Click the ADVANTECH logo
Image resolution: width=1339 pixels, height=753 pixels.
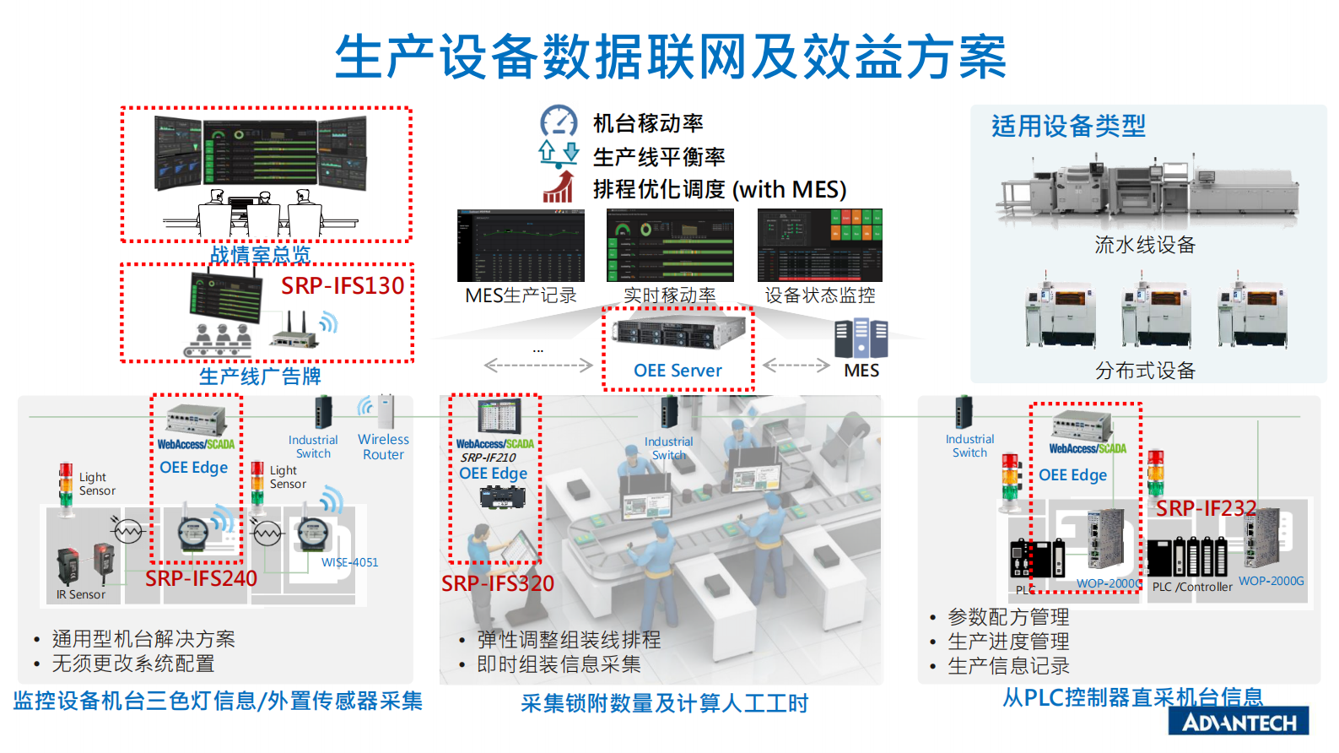pos(1239,723)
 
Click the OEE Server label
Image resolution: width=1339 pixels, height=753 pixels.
pos(678,371)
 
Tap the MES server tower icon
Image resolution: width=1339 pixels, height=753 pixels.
pos(861,338)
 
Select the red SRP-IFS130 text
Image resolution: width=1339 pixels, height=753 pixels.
pos(343,286)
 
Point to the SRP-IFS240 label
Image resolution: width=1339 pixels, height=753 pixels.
pos(201,578)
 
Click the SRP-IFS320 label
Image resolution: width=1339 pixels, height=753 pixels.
pos(498,583)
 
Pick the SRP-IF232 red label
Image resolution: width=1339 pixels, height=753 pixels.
pos(1206,508)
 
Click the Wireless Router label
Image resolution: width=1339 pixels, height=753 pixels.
pos(383,447)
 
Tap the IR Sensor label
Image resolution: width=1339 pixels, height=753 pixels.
pos(81,594)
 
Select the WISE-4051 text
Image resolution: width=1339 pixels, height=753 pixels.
pos(349,562)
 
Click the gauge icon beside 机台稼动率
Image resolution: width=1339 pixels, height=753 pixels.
pos(559,122)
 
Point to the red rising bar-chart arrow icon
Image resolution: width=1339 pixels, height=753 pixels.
pos(558,187)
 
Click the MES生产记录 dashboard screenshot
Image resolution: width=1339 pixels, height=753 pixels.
pos(521,246)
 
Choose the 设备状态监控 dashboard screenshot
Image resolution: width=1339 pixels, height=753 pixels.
pos(819,246)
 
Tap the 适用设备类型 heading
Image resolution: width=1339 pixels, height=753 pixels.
pos(1068,127)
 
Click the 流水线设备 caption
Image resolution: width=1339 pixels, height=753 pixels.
pos(1145,245)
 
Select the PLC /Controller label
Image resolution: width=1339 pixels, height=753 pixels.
pos(1192,587)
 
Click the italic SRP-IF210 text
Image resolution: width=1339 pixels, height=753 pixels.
pos(489,458)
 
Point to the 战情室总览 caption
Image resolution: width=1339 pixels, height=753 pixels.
pos(260,254)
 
